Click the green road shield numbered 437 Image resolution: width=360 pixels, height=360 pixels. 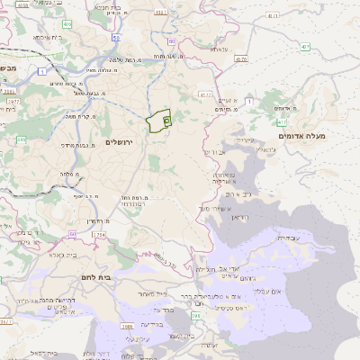pyautogui.click(x=306, y=46)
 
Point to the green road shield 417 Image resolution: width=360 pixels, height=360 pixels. pyautogui.click(x=283, y=121)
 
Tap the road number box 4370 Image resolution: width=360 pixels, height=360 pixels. pyautogui.click(x=240, y=59)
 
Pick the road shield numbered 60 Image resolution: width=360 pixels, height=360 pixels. pyautogui.click(x=72, y=234)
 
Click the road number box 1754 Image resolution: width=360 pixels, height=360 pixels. pyautogui.click(x=99, y=235)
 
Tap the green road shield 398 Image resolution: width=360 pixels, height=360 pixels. pyautogui.click(x=195, y=316)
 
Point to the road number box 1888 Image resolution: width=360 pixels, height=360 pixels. pyautogui.click(x=128, y=326)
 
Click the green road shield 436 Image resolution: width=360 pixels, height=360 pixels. pyautogui.click(x=171, y=41)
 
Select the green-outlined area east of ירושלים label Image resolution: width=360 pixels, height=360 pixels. pyautogui.click(x=158, y=121)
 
